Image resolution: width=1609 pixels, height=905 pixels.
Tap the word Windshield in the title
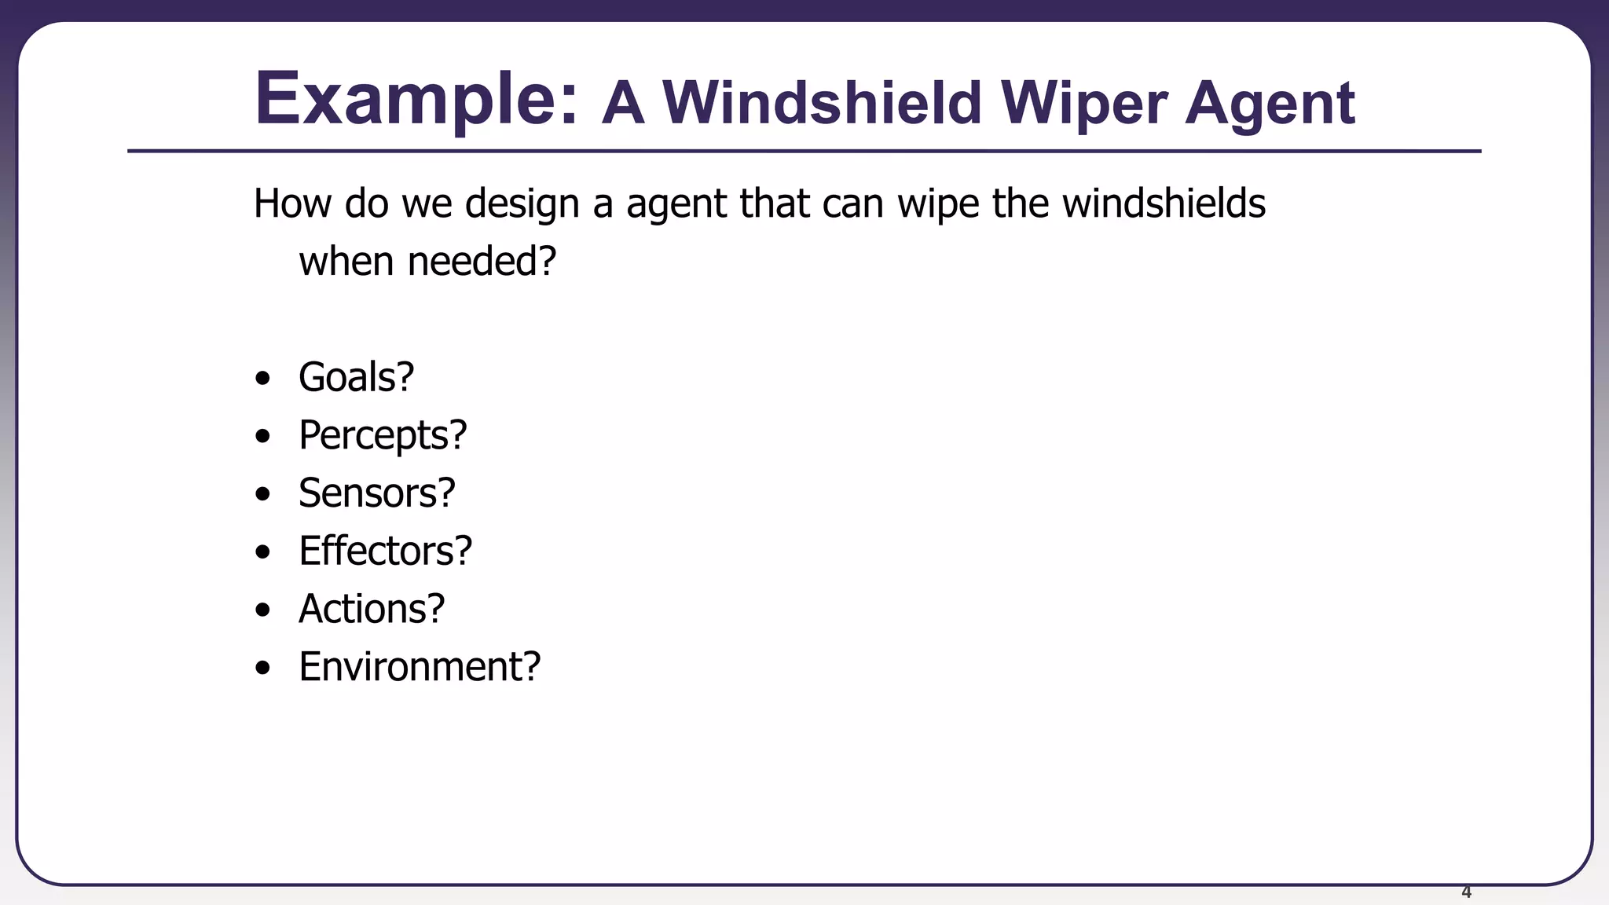click(822, 103)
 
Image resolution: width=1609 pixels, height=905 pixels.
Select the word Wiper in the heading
click(1084, 104)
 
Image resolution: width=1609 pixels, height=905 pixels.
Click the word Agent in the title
click(1270, 104)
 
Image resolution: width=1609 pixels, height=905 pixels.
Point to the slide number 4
click(1466, 892)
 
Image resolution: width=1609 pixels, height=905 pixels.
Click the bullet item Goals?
click(356, 377)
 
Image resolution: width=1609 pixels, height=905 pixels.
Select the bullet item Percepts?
click(383, 435)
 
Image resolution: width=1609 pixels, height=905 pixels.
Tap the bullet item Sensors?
click(376, 493)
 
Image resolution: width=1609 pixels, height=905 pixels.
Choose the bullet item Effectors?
click(385, 551)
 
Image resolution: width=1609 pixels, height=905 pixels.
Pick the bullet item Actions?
click(372, 609)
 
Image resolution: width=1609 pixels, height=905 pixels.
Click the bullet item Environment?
click(420, 667)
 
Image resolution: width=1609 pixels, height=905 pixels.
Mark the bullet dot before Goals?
click(263, 379)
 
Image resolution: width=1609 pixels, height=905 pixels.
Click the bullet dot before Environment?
click(263, 669)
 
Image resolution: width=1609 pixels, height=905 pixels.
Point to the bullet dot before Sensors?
click(263, 495)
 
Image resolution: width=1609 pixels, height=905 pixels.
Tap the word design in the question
click(521, 204)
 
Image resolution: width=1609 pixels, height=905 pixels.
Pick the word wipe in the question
click(938, 204)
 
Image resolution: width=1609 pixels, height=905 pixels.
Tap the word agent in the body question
click(676, 204)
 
